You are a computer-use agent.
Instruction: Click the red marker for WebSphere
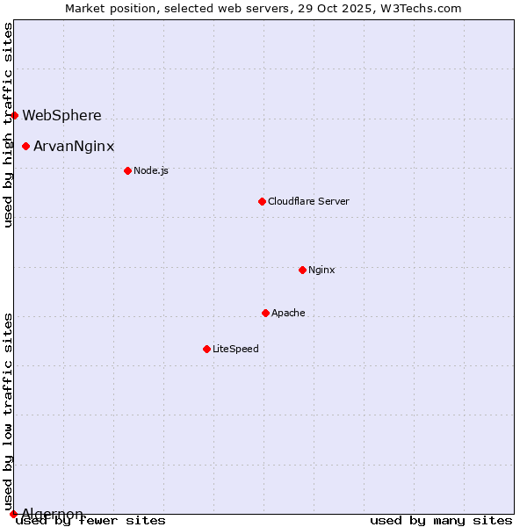pos(14,115)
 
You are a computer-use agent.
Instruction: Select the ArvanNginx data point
pos(25,146)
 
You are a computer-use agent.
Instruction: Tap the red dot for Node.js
pos(127,170)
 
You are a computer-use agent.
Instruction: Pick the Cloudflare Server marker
pos(262,201)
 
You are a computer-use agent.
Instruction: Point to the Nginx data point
pos(302,270)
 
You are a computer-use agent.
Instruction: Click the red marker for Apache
pos(265,313)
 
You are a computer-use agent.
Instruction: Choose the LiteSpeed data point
pos(206,349)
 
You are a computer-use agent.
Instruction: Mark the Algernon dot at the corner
pos(13,514)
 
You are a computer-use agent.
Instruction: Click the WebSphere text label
pos(61,115)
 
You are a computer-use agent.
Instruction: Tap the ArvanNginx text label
pos(74,146)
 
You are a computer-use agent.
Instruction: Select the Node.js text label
pos(151,170)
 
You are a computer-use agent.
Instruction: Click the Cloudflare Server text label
pos(308,201)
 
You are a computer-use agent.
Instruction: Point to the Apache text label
pos(288,313)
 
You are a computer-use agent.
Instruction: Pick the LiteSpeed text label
pos(235,349)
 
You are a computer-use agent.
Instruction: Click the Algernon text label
pos(53,514)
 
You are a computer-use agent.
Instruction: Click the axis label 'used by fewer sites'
pos(91,521)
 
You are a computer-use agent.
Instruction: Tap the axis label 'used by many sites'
pos(441,521)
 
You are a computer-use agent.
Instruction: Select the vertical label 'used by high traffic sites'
pos(8,125)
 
